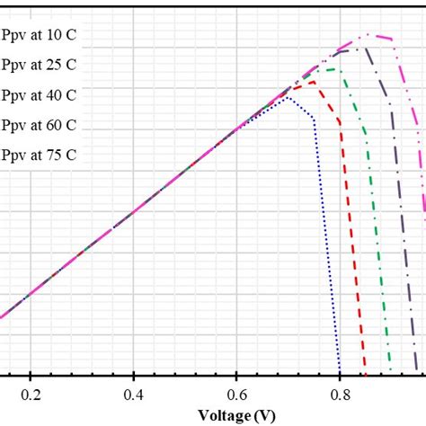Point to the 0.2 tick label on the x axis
(31, 395)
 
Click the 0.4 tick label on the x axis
(134, 395)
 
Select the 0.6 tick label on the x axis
(236, 395)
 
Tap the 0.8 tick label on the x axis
(340, 395)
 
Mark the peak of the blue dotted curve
(288, 97)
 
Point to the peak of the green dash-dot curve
(338, 68)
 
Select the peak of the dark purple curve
(358, 49)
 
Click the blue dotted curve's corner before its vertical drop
(314, 118)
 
